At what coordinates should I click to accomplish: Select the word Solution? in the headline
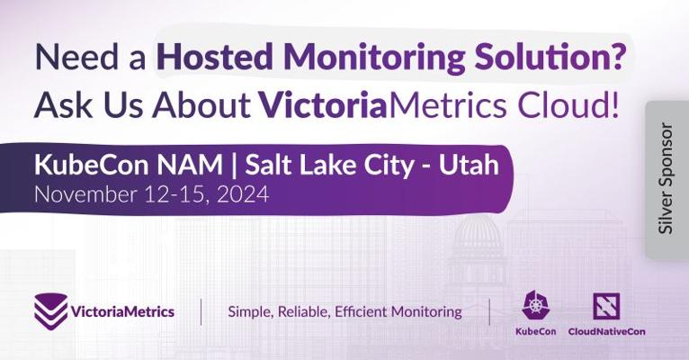click(x=549, y=57)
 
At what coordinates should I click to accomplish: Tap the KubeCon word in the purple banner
click(x=92, y=165)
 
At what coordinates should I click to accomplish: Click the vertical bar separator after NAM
click(x=234, y=166)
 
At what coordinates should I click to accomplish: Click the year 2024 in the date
click(x=243, y=194)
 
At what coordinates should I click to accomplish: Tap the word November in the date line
click(x=85, y=194)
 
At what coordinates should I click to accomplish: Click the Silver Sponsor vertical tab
click(x=667, y=178)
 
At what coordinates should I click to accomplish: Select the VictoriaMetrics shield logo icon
click(x=51, y=311)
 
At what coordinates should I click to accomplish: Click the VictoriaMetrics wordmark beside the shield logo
click(x=122, y=312)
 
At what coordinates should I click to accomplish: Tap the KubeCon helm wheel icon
click(x=536, y=305)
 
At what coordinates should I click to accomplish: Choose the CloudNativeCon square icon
click(x=606, y=306)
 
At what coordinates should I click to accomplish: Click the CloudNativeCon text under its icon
click(x=606, y=331)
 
